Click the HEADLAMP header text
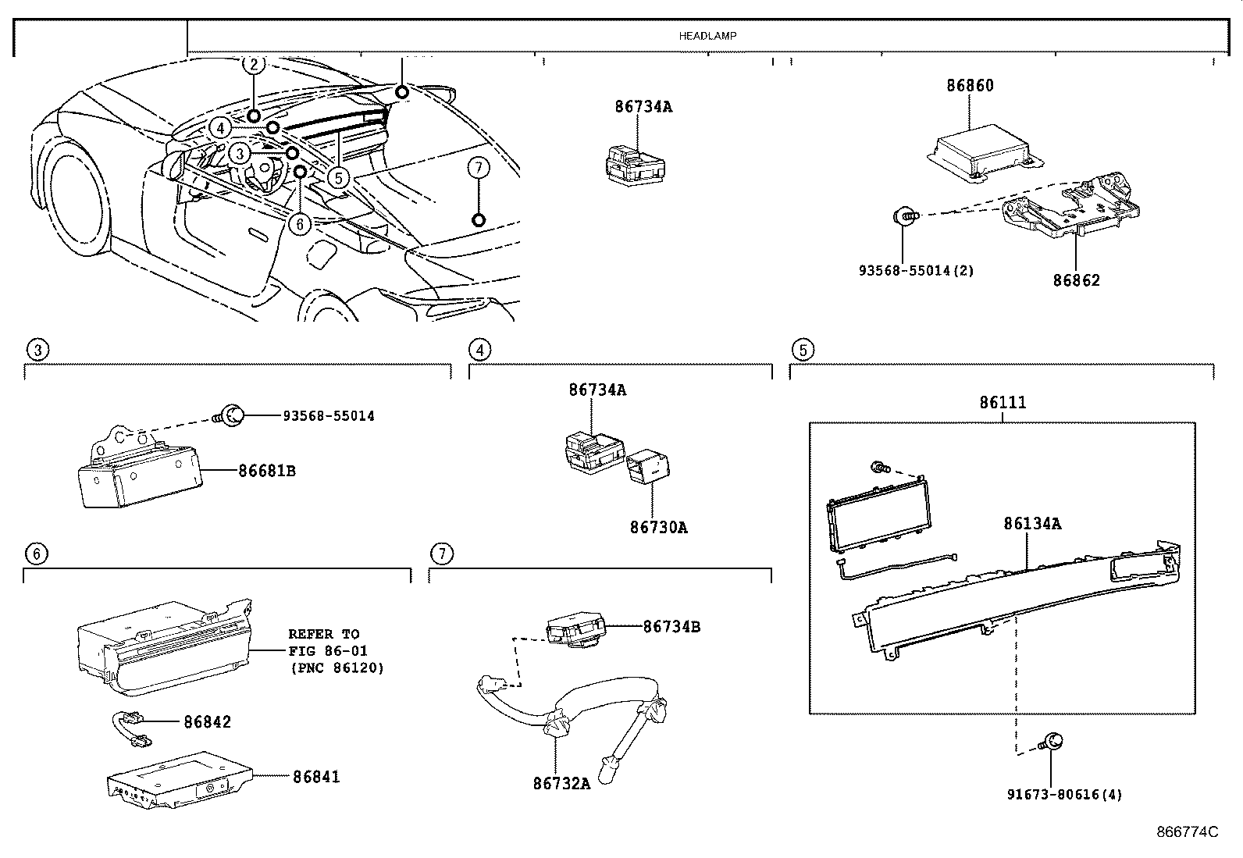tap(707, 36)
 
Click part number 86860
tap(970, 86)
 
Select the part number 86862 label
tap(1076, 279)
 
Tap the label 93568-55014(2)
tap(916, 271)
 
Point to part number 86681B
tap(267, 471)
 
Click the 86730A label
tap(658, 528)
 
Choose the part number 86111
tap(1003, 403)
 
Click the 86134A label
tap(1032, 524)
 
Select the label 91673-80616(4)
tap(1064, 795)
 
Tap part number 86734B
tap(671, 626)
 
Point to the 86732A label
tap(562, 783)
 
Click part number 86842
tap(208, 722)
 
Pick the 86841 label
tap(316, 777)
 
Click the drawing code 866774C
tap(1187, 832)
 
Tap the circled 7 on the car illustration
tap(479, 166)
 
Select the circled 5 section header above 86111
tap(803, 350)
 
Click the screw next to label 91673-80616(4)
tap(1052, 742)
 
